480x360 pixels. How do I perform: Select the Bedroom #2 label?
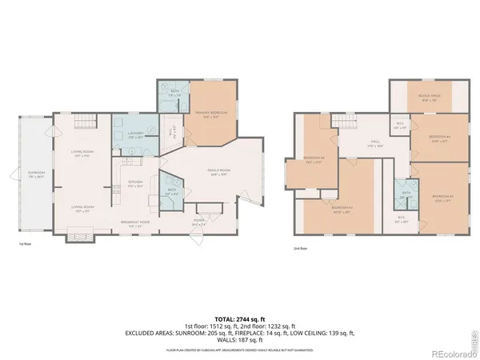(314, 159)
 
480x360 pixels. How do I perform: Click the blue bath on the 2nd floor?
(406, 195)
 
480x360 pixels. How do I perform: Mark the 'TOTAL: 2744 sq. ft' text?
(239, 319)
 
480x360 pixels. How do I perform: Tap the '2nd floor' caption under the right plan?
(300, 249)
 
